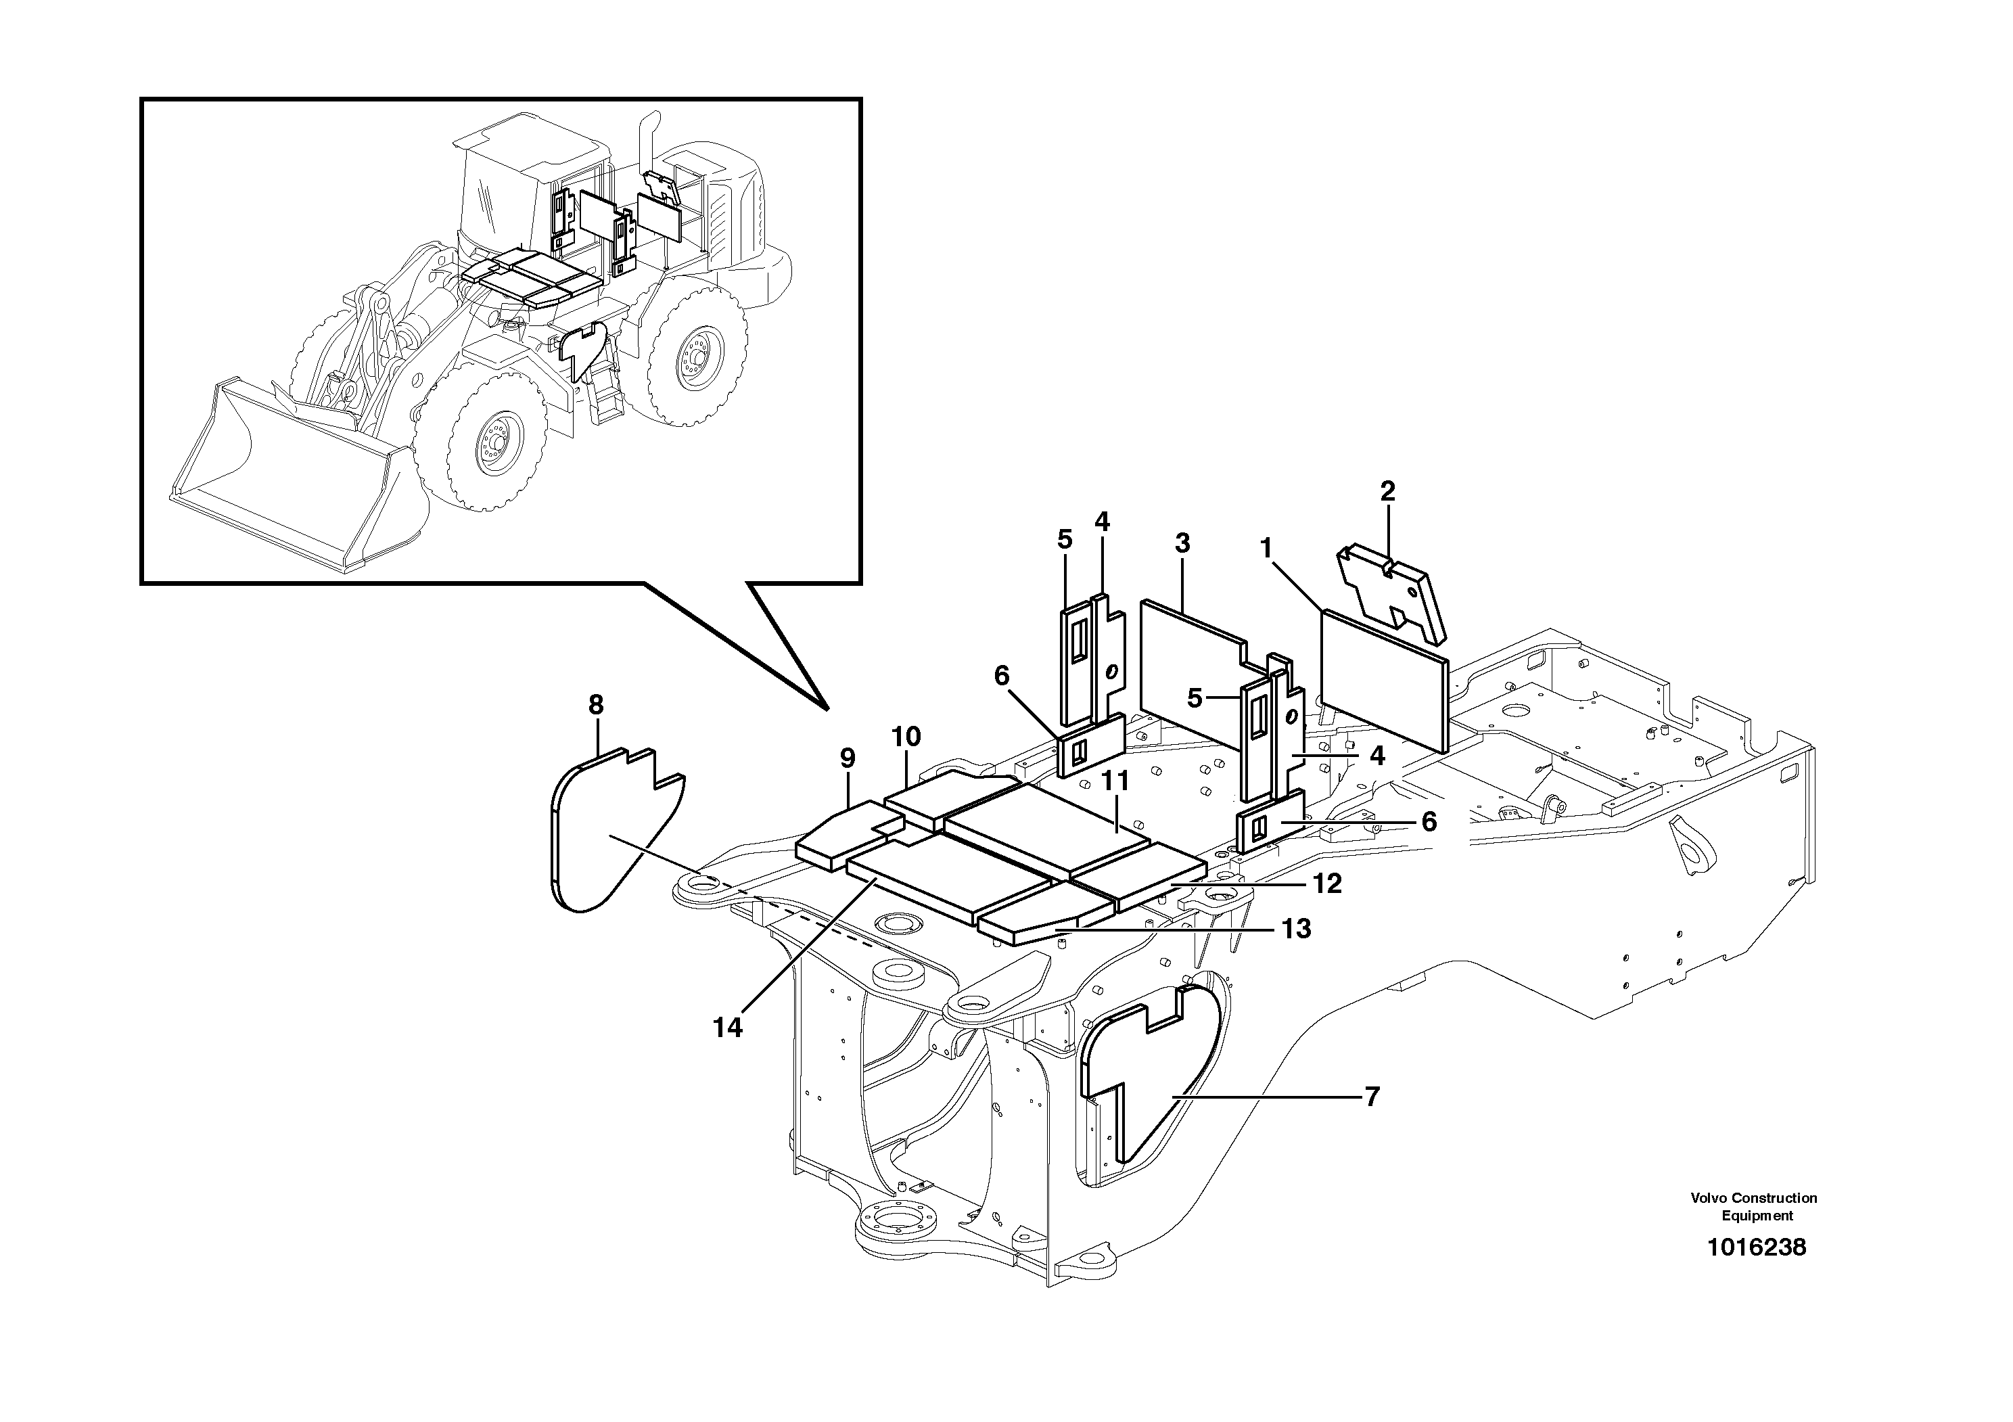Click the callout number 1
tap(1265, 549)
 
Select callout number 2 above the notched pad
tap(1387, 492)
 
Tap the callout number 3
tap(1182, 543)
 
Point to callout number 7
tap(1372, 1096)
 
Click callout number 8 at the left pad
tap(596, 704)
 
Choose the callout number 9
tap(847, 758)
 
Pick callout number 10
tap(906, 737)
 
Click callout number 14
tap(728, 1028)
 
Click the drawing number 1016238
tap(1756, 1247)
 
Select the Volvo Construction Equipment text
tap(1753, 1206)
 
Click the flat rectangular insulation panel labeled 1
tap(1383, 681)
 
